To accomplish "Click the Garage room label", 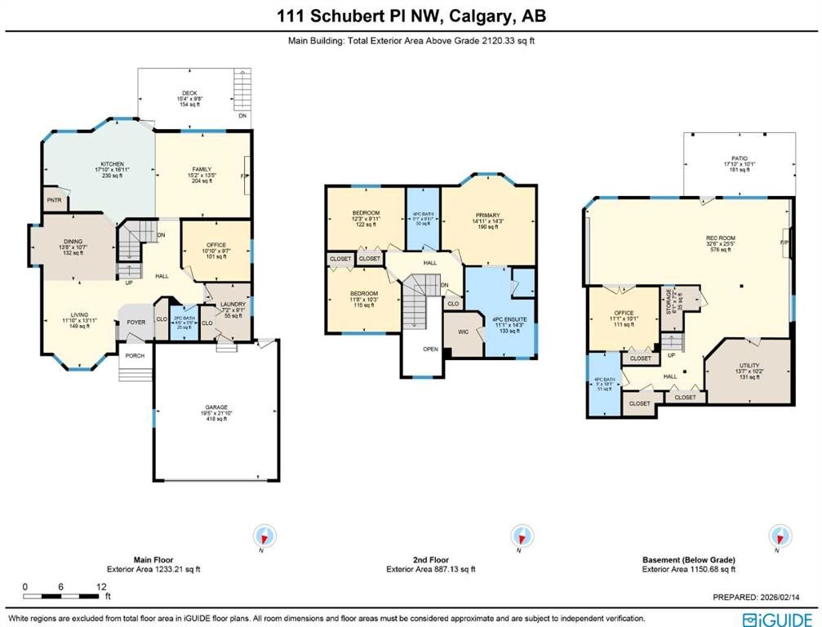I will tap(215, 406).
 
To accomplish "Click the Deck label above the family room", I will tap(189, 93).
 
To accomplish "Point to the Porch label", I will tap(133, 356).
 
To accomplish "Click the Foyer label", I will tap(136, 322).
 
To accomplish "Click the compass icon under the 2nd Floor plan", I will tap(519, 536).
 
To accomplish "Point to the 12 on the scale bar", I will tap(101, 587).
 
